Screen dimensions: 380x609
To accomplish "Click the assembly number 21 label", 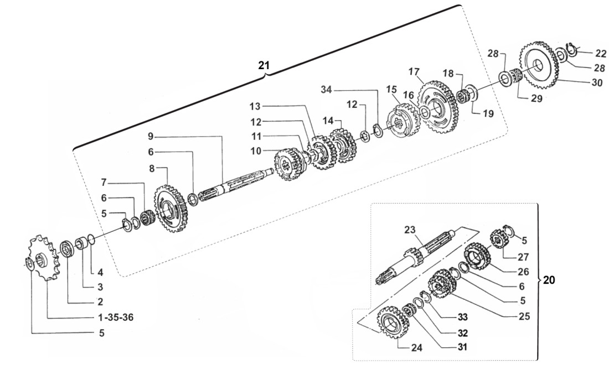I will pyautogui.click(x=264, y=65).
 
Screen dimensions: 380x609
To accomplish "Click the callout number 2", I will pyautogui.click(x=100, y=302).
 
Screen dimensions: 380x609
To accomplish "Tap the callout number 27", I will pyautogui.click(x=523, y=257).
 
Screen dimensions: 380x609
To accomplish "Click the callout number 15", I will pyautogui.click(x=392, y=89).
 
